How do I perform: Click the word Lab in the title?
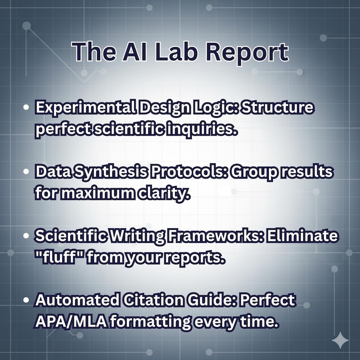pos(177,52)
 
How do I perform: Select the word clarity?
pos(166,193)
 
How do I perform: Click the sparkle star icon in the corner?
pos(340,340)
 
